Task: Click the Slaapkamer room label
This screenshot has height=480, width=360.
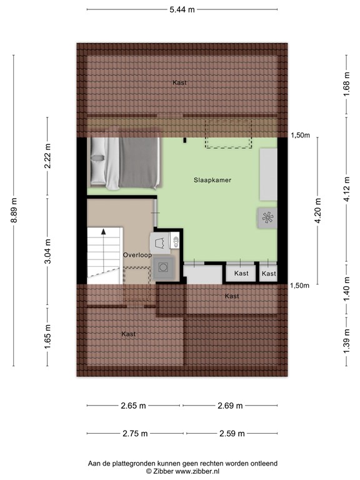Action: click(x=212, y=180)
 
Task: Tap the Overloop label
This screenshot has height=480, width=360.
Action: click(x=137, y=255)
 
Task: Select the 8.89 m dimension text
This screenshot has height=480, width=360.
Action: click(x=14, y=210)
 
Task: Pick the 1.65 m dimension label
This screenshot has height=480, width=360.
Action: click(x=47, y=335)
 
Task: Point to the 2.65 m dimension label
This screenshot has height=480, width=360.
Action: click(x=133, y=406)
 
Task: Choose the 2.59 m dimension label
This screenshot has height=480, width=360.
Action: click(x=231, y=433)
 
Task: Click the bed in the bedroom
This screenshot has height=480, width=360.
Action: click(x=125, y=162)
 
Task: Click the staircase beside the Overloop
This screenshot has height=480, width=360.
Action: click(x=104, y=253)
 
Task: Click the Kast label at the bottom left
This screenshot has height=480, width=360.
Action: click(x=129, y=334)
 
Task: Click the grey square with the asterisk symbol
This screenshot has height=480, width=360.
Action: click(x=267, y=217)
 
